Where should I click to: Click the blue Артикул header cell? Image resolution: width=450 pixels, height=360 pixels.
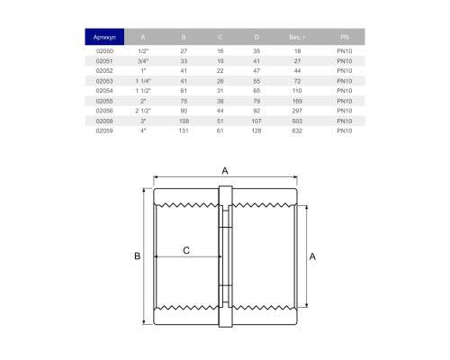[104, 37]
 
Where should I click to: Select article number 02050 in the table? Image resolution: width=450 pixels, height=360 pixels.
[104, 51]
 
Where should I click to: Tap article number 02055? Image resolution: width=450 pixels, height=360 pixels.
[104, 101]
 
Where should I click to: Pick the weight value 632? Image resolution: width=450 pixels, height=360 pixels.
[297, 130]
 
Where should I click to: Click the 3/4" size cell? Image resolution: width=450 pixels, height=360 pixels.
[143, 61]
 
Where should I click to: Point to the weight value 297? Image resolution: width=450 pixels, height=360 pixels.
[297, 111]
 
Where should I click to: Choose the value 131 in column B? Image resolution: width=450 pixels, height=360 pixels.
[184, 130]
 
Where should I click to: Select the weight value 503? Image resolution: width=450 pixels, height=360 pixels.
[297, 121]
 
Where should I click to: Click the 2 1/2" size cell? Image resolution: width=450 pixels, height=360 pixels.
[143, 111]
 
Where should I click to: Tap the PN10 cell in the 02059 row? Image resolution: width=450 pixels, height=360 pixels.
[345, 130]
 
